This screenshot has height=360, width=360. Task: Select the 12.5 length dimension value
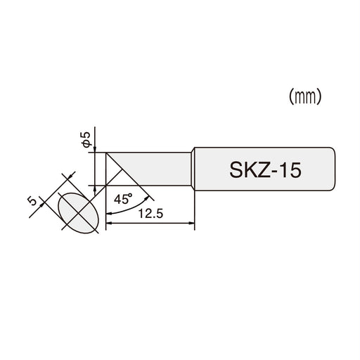coord(149,215)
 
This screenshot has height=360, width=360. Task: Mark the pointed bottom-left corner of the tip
coord(106,184)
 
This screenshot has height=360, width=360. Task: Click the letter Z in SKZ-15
coord(261,169)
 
